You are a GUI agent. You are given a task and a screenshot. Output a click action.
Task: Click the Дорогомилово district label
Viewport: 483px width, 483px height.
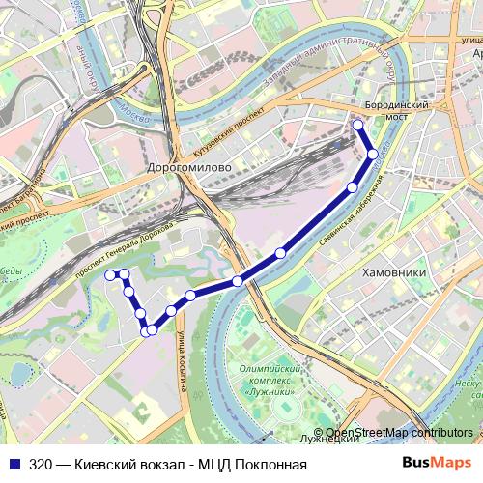[x=187, y=167]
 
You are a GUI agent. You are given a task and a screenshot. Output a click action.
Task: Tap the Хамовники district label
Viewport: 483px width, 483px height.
[x=393, y=272]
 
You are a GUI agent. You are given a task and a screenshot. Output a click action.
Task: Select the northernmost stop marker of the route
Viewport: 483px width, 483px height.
[x=357, y=125]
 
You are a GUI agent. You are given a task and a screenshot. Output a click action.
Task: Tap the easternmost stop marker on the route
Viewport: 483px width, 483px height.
[x=373, y=154]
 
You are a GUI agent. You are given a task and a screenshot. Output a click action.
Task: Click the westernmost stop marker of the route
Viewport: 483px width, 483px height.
[x=109, y=274]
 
